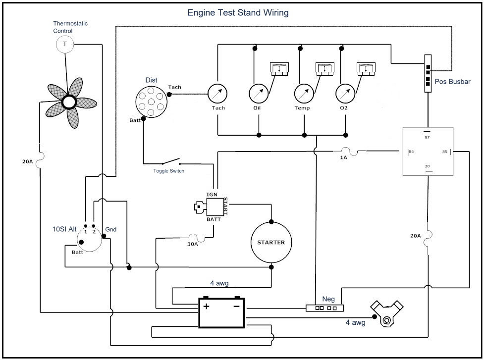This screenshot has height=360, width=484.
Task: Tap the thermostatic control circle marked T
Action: point(65,45)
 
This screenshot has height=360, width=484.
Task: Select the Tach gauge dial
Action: point(217,93)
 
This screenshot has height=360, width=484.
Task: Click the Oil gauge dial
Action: point(258,93)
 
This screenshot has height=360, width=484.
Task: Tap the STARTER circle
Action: point(271,242)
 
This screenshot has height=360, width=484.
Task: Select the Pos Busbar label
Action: point(452,82)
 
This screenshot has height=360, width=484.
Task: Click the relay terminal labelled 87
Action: point(427,137)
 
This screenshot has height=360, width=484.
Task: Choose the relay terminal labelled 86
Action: point(411,152)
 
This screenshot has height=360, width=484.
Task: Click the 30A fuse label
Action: point(192,244)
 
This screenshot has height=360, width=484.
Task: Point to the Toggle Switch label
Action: point(169,171)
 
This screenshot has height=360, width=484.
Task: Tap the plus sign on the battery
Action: point(206,307)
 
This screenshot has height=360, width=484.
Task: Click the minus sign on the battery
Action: point(236,307)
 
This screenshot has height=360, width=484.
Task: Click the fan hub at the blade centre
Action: point(68,102)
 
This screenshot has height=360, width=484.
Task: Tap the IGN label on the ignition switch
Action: point(212,194)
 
